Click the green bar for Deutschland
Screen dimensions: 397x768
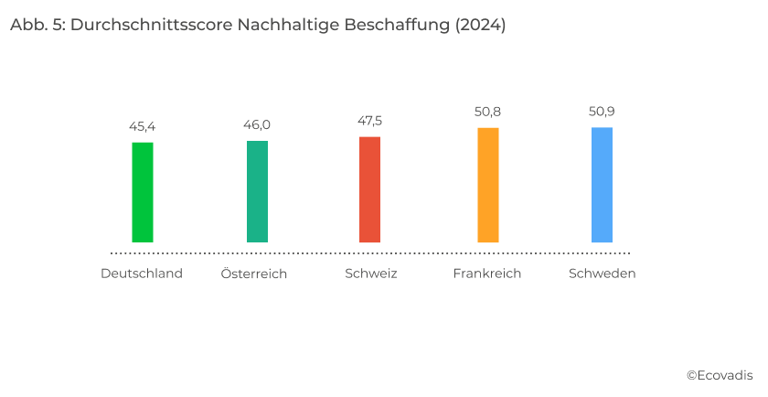tap(143, 192)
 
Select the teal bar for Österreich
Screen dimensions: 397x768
tap(257, 191)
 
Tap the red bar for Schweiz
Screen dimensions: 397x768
tap(369, 189)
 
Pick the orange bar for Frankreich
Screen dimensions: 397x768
tap(488, 185)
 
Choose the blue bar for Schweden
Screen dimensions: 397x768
tap(602, 185)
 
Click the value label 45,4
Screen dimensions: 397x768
tap(142, 126)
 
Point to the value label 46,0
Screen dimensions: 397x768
tap(257, 124)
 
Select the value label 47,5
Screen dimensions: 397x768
tap(370, 121)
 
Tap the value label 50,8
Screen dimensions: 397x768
tap(488, 112)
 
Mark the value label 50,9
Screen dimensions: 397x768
tap(602, 112)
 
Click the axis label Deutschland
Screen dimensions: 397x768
tap(142, 274)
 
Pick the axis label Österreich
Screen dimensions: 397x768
tap(254, 274)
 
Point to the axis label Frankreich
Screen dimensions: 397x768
tap(487, 274)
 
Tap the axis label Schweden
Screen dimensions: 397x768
tap(602, 274)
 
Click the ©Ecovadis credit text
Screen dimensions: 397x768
tap(720, 375)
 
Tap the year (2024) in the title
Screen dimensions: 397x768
tap(480, 26)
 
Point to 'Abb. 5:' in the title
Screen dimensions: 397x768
tap(37, 26)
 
